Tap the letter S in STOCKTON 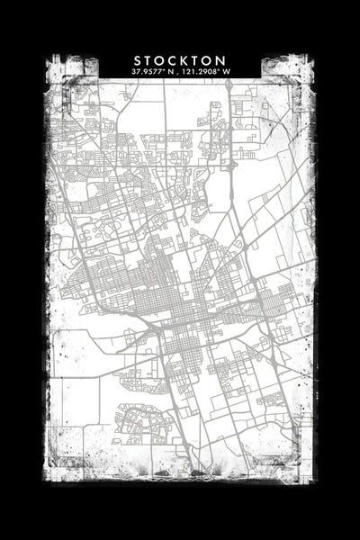coord(138,59)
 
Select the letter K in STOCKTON coord(180,59)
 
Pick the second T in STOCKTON coord(192,59)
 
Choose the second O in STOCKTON coord(203,59)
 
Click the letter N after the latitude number coord(167,71)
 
